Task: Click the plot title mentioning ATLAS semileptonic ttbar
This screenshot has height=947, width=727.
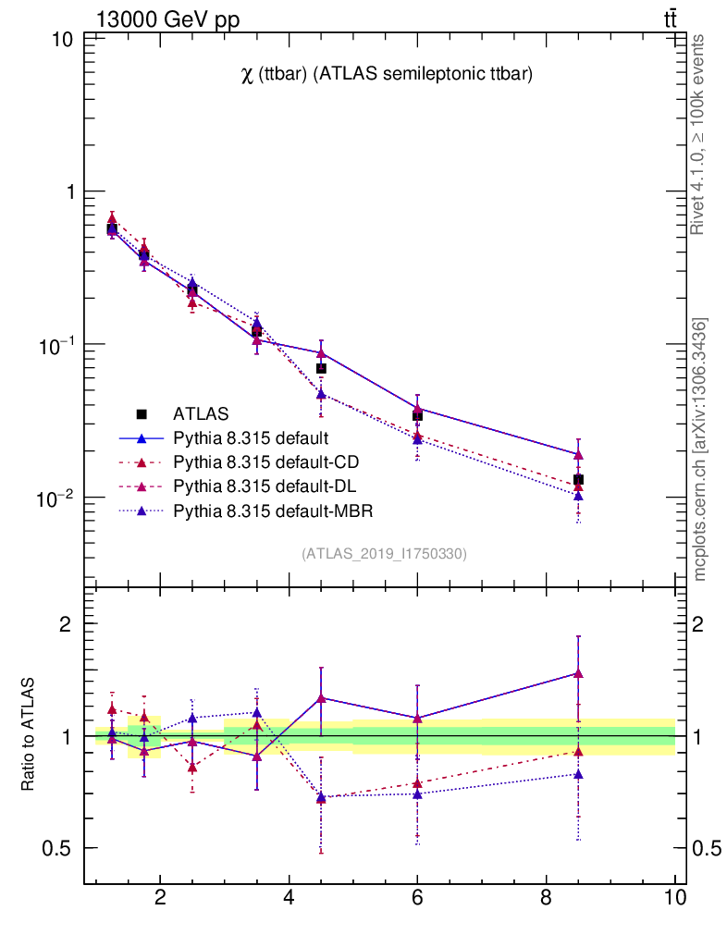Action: click(386, 75)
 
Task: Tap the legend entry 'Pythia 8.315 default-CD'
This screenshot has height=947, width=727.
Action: click(265, 461)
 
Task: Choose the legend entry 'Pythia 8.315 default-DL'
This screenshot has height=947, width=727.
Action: click(264, 486)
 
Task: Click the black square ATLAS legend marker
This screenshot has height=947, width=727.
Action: click(142, 413)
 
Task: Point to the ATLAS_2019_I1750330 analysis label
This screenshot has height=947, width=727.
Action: click(384, 554)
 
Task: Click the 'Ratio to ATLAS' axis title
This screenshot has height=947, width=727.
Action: click(29, 735)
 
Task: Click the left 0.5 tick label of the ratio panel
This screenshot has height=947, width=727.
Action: click(57, 848)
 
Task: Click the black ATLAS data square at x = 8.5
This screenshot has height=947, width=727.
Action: click(578, 480)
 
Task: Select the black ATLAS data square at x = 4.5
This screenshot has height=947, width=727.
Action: click(321, 368)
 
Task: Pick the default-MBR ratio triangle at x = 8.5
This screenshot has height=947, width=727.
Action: click(578, 774)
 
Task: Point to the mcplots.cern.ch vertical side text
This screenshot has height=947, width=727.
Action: click(700, 449)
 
